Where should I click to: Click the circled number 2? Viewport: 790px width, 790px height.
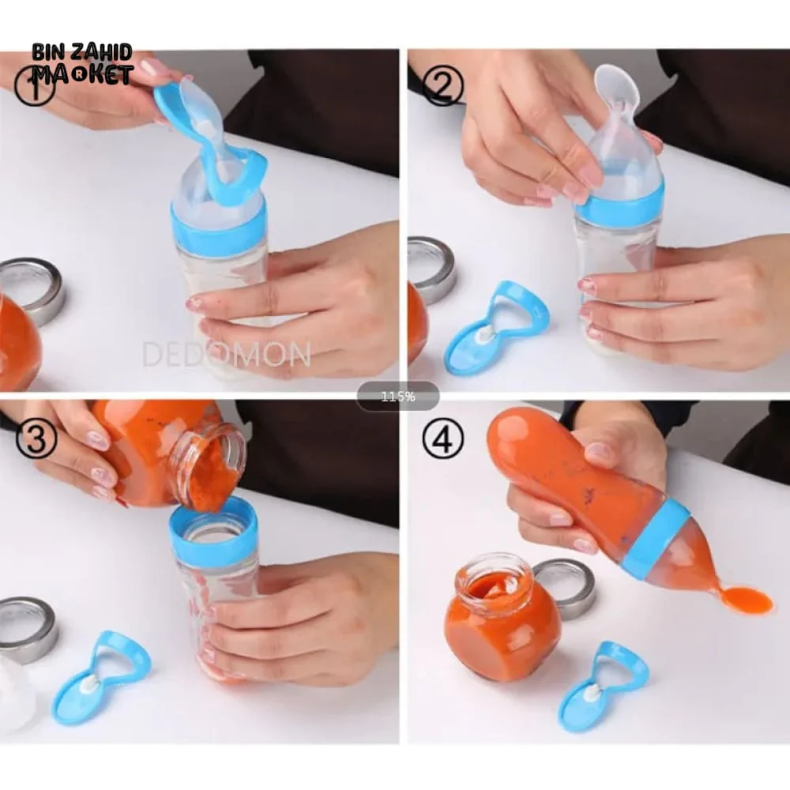pos(442,85)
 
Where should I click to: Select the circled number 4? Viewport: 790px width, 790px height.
pos(442,438)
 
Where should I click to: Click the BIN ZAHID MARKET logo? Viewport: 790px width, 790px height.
pos(82,64)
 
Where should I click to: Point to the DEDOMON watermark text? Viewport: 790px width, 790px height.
pos(226,354)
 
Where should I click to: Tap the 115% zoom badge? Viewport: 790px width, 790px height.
pos(397,397)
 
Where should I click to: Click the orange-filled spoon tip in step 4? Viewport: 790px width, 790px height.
pos(747,601)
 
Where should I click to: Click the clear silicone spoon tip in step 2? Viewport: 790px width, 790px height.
pos(617,87)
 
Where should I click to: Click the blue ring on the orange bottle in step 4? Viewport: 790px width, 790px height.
pos(655,537)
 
